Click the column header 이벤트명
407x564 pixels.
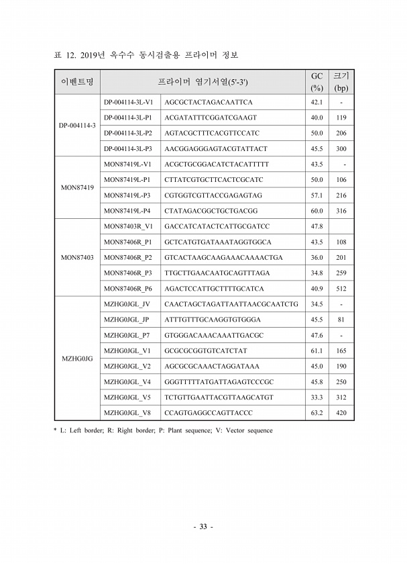click(76, 82)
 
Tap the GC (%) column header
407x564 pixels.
click(317, 82)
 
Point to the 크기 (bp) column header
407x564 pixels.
click(341, 82)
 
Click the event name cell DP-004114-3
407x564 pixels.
click(76, 126)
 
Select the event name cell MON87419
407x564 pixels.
click(76, 187)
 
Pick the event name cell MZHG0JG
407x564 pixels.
click(76, 359)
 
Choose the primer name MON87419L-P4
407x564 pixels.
click(127, 211)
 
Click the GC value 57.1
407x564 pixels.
click(316, 195)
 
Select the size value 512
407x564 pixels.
click(341, 289)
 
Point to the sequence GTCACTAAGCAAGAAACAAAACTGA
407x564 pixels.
click(223, 258)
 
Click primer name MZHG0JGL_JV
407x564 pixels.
click(127, 304)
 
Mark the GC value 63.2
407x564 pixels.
click(316, 413)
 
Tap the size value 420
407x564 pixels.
click(341, 413)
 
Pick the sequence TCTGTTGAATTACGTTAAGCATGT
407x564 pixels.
click(219, 397)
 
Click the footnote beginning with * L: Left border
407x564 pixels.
click(163, 430)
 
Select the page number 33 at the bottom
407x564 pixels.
click(203, 527)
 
